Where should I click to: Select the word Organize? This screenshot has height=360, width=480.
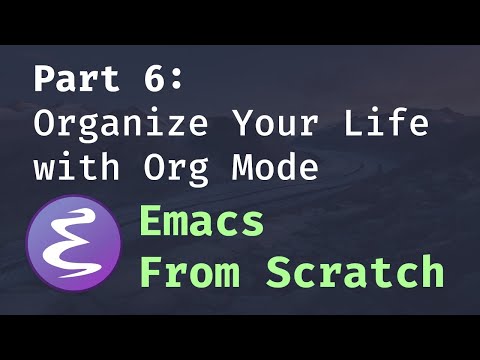click(122, 124)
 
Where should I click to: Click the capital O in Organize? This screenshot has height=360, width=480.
click(46, 124)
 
